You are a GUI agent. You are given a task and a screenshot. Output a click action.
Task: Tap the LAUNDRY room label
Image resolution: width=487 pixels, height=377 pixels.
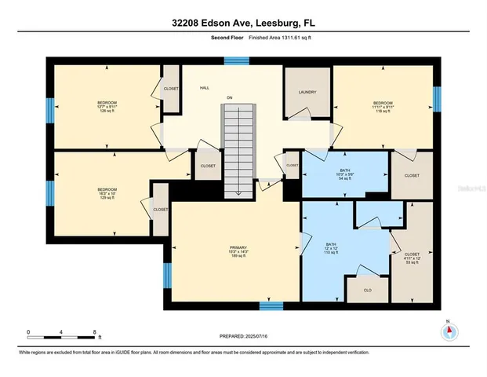click(307, 93)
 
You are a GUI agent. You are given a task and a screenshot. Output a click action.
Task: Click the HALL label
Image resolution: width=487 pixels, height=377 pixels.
click(204, 89)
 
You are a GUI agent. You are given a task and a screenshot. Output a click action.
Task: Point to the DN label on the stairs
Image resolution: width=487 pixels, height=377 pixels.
click(230, 97)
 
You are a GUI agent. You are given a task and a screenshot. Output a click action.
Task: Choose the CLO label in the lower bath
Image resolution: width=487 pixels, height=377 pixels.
click(367, 289)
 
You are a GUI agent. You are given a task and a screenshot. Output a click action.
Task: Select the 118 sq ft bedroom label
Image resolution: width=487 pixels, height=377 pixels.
click(383, 107)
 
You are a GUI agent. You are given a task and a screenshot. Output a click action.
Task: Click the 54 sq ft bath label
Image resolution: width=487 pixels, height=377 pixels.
click(345, 174)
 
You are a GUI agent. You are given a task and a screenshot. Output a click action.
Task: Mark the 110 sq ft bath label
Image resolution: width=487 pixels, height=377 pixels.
click(331, 248)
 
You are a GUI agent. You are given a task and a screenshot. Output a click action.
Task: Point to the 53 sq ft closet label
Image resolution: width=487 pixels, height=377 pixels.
click(411, 258)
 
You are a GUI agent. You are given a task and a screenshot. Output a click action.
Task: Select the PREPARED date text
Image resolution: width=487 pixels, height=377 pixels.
click(242, 335)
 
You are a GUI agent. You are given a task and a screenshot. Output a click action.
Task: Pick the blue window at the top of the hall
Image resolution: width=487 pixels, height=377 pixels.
click(231, 59)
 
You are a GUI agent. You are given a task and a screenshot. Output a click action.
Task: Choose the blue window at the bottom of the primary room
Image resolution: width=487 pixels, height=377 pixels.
click(271, 304)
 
